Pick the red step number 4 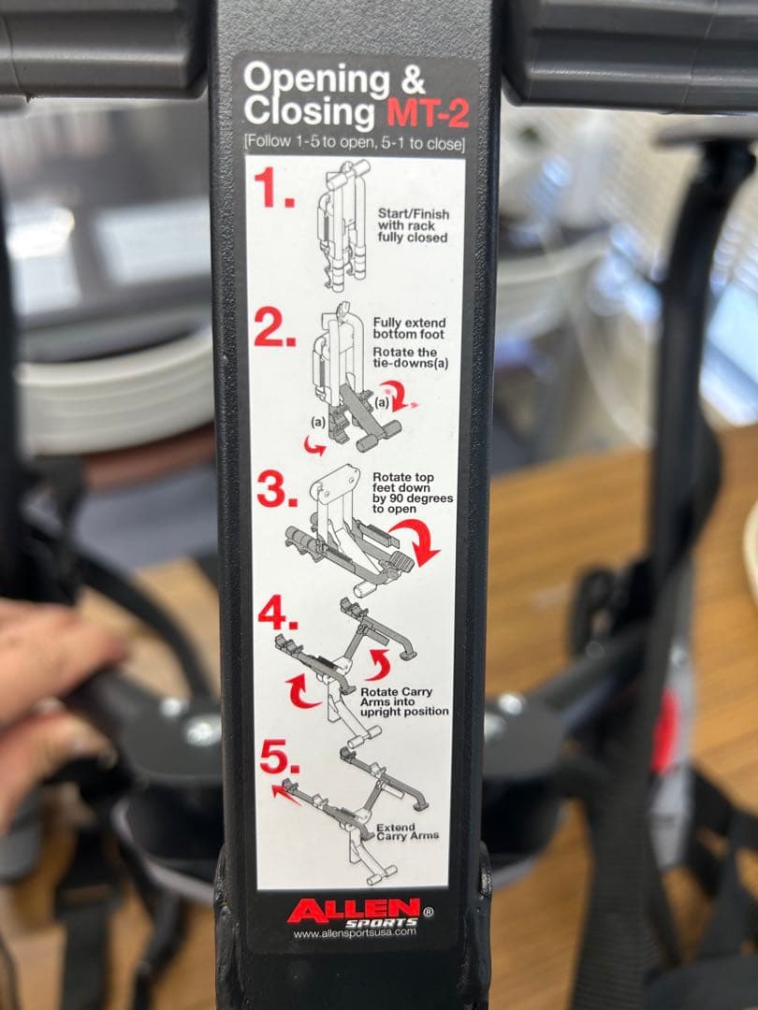click(278, 613)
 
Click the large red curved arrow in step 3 click(414, 542)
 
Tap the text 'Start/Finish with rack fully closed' click(413, 225)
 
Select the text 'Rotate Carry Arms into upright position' click(404, 701)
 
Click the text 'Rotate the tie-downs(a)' click(409, 356)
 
